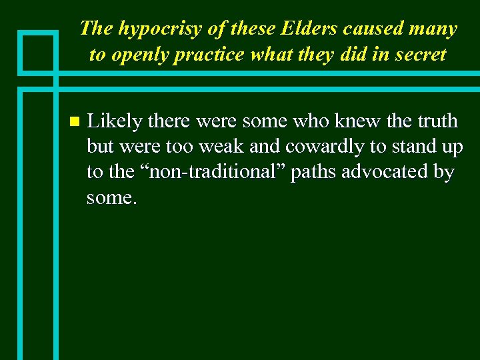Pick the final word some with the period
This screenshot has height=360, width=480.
(x=111, y=197)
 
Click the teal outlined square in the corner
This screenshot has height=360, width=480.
(x=39, y=51)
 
